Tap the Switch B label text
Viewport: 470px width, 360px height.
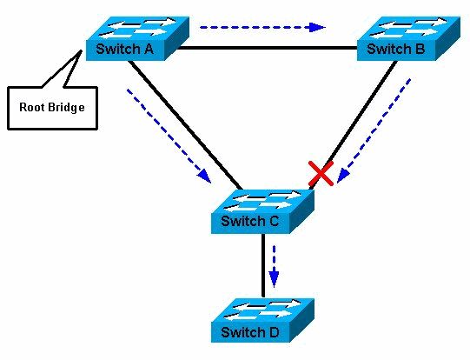(395, 50)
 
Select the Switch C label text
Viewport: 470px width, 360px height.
(249, 221)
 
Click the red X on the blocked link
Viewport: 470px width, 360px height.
(321, 174)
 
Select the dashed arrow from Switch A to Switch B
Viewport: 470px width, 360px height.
(261, 27)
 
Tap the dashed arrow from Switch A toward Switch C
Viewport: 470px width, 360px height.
(169, 135)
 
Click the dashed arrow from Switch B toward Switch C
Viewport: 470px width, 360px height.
(374, 130)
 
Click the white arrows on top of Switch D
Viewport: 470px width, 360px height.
(261, 310)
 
